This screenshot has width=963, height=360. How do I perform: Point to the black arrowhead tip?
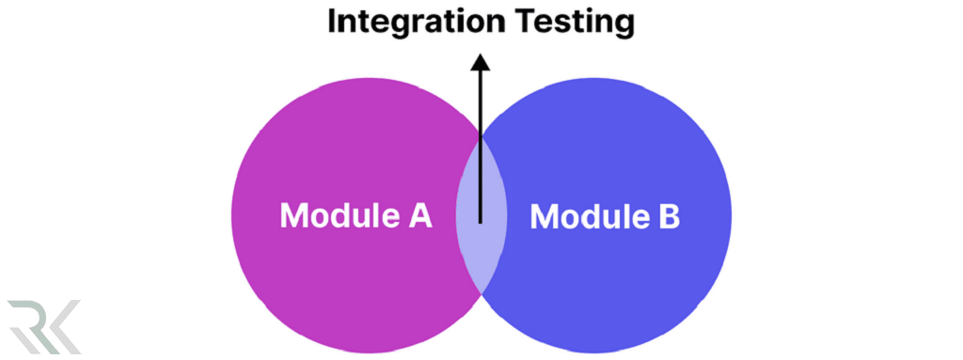click(481, 55)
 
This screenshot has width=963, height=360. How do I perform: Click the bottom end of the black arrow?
click(481, 222)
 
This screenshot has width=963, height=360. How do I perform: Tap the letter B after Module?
click(666, 216)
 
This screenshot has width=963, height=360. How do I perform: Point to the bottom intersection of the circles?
click(481, 294)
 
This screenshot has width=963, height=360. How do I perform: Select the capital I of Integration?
click(332, 22)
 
